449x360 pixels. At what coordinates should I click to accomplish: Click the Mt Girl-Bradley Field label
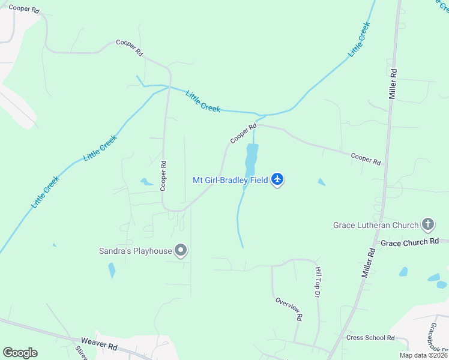pos(230,179)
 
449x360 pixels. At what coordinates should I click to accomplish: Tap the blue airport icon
pos(277,179)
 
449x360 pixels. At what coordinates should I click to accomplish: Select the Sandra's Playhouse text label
pos(136,251)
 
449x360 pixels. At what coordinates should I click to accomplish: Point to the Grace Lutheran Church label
pos(376,225)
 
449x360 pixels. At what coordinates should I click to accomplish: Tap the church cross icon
pos(427,225)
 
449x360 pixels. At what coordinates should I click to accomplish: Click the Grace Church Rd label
pos(410,242)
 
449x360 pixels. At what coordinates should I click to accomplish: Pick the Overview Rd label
pos(289,308)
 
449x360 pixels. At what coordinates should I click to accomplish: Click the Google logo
pos(20,353)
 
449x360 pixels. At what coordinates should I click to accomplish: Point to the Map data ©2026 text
pos(423,355)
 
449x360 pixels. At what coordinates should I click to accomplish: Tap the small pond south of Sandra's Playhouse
pos(112,271)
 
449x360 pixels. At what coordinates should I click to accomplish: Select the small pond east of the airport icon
pos(322,182)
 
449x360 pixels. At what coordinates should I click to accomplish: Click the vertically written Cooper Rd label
pos(163,175)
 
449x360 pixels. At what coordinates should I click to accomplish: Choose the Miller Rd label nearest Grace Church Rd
pos(368,263)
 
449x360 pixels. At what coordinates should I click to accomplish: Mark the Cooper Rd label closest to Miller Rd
pos(366,158)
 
